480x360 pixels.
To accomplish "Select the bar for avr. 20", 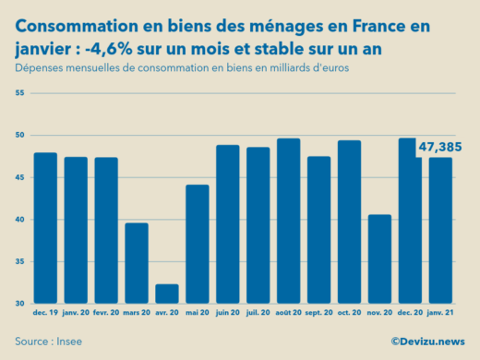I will [166, 294].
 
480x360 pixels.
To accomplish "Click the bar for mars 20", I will [137, 263].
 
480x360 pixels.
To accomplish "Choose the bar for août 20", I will [288, 221].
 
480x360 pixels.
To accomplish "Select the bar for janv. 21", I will [440, 230].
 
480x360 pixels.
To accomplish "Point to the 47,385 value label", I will [441, 146].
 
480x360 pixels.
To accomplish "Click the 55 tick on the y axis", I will [20, 93].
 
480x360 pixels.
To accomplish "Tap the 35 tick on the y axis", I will [20, 261].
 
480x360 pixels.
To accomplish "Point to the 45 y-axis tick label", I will [20, 177].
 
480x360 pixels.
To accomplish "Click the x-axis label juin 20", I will [227, 314].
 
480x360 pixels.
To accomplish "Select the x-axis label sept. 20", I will [318, 314].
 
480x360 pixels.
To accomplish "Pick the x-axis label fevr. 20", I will [106, 314].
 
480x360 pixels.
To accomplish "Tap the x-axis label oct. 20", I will [349, 314].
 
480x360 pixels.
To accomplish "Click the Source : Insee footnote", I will [46, 342].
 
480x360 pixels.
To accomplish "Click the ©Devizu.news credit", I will [427, 342].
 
